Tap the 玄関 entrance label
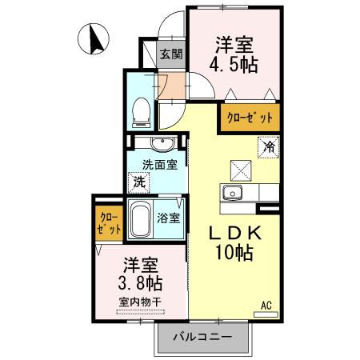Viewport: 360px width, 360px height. click(x=170, y=55)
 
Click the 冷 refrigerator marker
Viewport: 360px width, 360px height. click(x=270, y=147)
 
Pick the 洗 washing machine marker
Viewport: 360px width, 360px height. click(x=140, y=182)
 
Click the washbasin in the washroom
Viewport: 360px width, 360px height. click(x=162, y=144)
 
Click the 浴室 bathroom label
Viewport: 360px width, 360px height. click(x=168, y=217)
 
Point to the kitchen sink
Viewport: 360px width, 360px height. click(x=234, y=193)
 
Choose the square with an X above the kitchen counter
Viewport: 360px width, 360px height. click(x=241, y=169)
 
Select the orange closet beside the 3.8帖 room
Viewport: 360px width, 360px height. click(x=109, y=223)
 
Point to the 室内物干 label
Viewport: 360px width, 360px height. click(x=140, y=302)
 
